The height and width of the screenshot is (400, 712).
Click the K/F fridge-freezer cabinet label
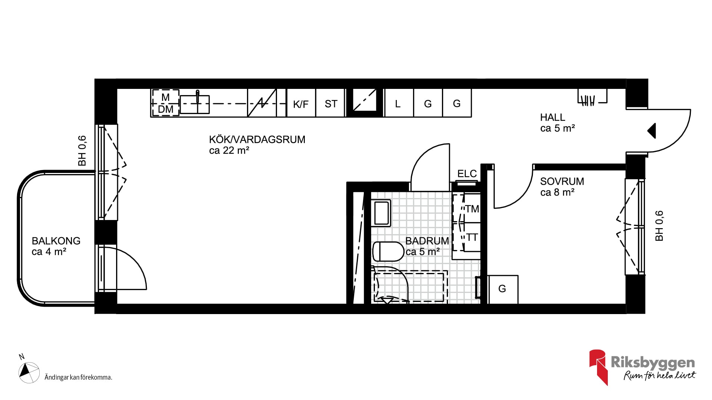pos(301,104)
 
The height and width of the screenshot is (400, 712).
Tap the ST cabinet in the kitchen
pos(331,103)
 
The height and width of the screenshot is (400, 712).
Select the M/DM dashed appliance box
pos(165,103)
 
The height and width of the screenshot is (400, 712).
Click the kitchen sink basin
pos(195,104)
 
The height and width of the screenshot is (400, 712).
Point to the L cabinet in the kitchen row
pos(399,103)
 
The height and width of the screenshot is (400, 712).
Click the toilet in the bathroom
pos(388,251)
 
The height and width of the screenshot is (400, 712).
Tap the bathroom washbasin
pos(381,213)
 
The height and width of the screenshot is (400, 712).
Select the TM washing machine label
pos(472,209)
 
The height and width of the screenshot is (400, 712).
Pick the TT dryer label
pos(472,237)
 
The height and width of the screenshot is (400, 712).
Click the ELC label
pos(467,173)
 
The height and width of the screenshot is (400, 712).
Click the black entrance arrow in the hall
pos(652,131)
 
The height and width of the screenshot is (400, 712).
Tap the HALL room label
pos(553,117)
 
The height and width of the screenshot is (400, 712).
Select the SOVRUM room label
pos(562,181)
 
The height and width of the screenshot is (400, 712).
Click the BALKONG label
pos(56,241)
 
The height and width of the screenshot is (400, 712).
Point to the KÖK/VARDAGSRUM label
pos(257,140)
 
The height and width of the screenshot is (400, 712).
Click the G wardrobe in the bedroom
pos(502,289)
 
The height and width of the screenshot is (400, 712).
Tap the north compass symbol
pos(29,372)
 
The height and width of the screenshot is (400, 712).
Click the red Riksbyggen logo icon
pos(598,367)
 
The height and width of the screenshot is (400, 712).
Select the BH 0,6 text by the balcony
pos(82,151)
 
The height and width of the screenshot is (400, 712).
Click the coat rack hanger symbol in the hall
pos(592,97)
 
